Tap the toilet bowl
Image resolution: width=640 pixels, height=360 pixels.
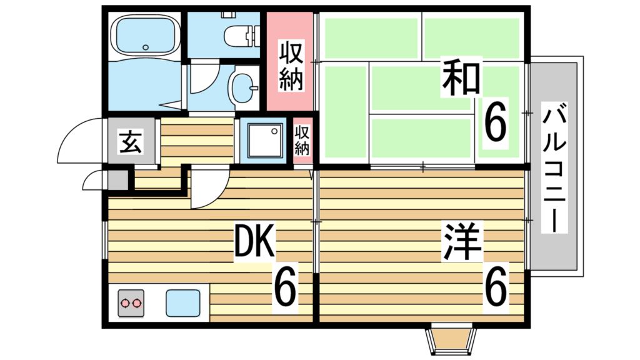coord(237,34)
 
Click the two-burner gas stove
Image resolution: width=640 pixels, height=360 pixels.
coord(131,302)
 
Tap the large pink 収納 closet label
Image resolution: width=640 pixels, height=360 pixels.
coord(291,66)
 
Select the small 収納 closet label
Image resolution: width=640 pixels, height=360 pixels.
coord(302,140)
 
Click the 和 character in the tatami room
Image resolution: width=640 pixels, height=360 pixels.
coord(461,77)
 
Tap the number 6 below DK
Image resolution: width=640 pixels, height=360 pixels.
coord(284,286)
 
